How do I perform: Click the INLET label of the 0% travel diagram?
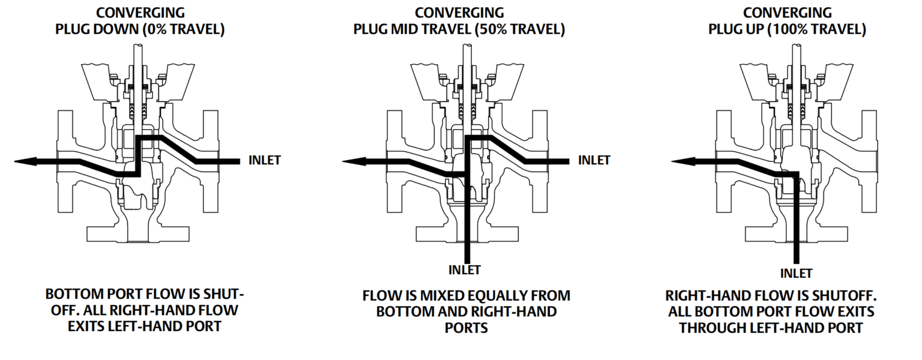tap(264, 160)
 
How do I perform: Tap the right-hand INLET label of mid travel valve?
tap(594, 160)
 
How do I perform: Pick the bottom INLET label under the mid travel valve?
tap(465, 270)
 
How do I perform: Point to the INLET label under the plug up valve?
tap(796, 274)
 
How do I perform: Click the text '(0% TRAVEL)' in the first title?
tap(184, 29)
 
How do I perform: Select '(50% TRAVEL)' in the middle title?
tap(519, 29)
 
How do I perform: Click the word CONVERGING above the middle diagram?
tap(459, 13)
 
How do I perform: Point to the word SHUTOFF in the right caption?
tap(844, 296)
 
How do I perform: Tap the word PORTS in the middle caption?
tap(466, 328)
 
